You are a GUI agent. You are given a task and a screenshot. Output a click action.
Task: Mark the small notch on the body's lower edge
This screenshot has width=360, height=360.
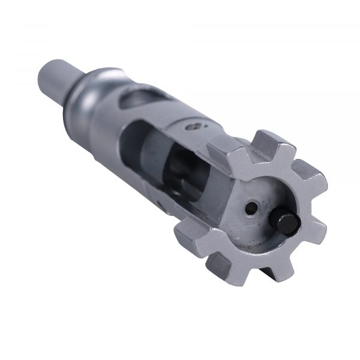click(157, 204)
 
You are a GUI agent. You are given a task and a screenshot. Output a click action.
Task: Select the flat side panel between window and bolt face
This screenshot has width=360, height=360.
click(210, 192)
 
